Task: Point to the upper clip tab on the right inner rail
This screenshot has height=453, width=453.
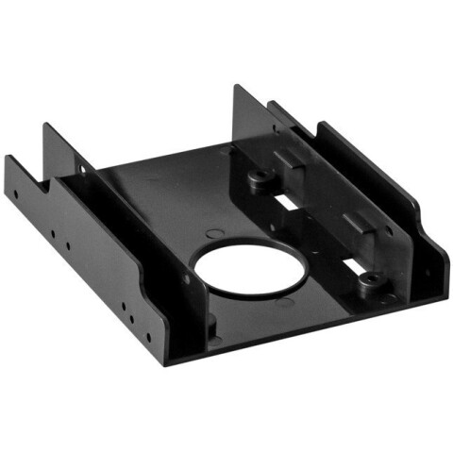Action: pos(291,157)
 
